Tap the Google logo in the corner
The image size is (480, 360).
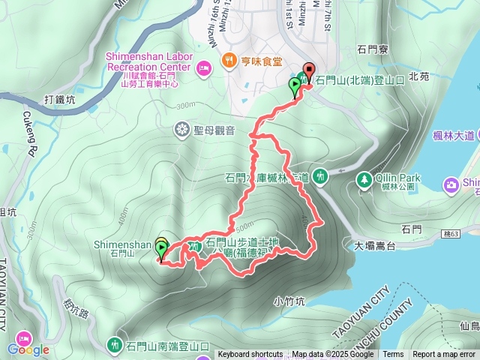click(28, 349)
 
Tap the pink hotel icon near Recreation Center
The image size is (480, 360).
click(203, 70)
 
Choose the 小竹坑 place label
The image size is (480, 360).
click(289, 301)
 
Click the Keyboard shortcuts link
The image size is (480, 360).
click(250, 355)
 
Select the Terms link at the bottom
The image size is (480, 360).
click(393, 355)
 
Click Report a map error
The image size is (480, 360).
click(444, 355)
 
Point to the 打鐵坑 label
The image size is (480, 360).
click(60, 99)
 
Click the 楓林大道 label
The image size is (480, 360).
click(454, 136)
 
